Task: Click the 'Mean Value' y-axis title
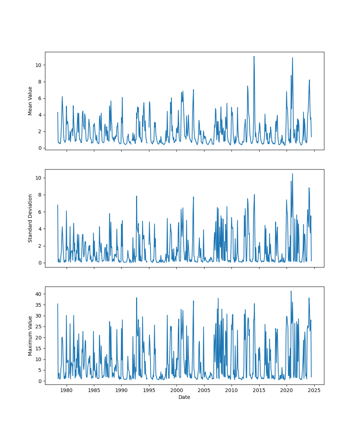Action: click(30, 101)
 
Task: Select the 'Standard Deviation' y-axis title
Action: click(30, 218)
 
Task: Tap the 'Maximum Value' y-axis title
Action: click(30, 336)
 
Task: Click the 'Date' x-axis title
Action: click(184, 397)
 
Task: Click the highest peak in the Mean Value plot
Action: click(254, 57)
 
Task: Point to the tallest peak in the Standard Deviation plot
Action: click(292, 174)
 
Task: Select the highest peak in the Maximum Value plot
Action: click(291, 291)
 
